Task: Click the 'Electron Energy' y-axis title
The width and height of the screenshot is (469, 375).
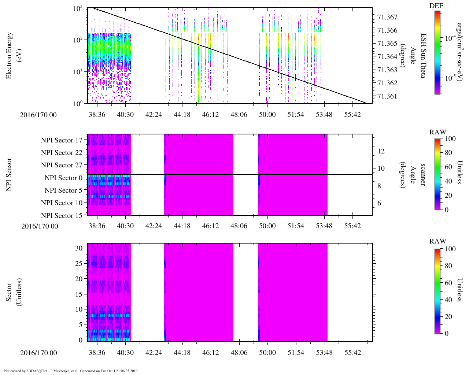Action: point(9,56)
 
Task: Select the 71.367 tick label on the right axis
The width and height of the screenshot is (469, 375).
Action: point(387,17)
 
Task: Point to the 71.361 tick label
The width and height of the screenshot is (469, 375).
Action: point(387,96)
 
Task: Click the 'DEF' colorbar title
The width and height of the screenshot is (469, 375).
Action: point(436,6)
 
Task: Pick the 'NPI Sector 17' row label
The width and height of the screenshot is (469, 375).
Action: point(62,140)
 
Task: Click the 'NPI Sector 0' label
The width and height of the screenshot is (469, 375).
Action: point(63,178)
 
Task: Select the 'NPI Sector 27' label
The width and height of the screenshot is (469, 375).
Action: point(62,165)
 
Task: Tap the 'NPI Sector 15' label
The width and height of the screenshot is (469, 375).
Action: point(62,216)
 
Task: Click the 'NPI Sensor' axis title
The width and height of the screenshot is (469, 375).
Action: point(9,174)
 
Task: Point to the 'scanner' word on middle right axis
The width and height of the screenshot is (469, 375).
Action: point(422,175)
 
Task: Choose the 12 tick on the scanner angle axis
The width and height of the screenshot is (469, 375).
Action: point(381,151)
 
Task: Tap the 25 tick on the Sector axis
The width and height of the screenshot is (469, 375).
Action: point(79,263)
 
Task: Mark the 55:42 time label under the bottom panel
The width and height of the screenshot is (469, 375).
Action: point(352,353)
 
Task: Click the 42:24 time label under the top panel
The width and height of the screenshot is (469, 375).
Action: point(154,115)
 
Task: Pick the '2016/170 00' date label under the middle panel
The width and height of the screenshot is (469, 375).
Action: point(40,226)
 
